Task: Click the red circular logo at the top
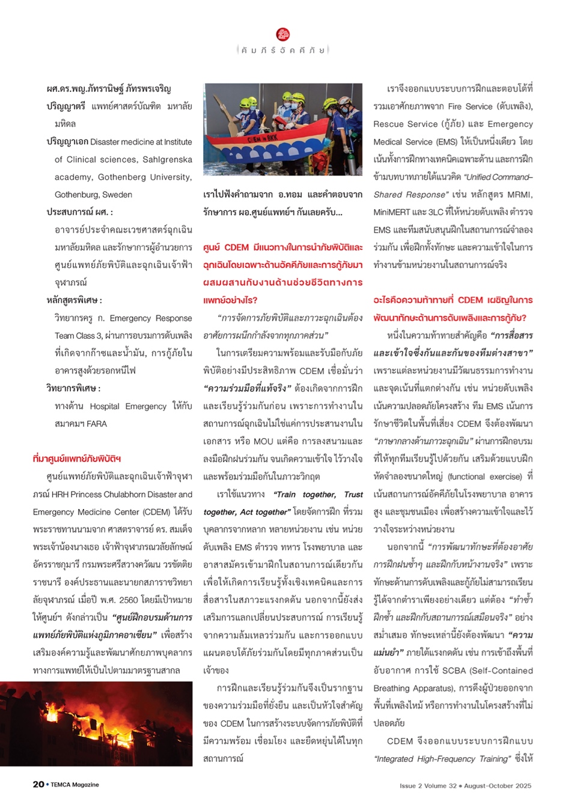283,34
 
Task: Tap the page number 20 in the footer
38,784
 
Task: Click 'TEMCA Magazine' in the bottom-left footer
75,785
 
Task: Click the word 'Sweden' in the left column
117,195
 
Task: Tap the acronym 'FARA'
96,424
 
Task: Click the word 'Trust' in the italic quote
353,494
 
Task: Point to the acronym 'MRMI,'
519,195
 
